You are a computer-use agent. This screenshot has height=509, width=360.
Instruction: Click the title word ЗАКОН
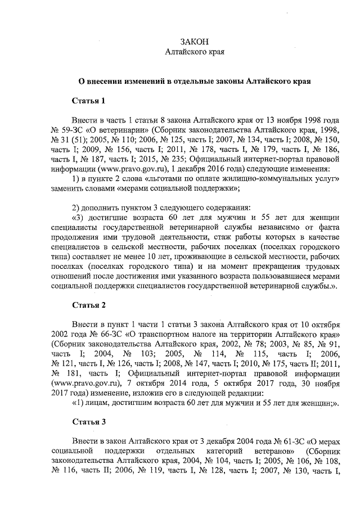pyautogui.click(x=194, y=42)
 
